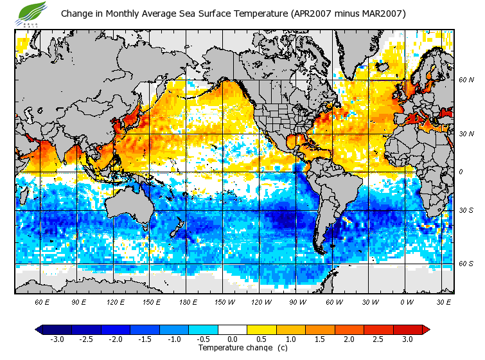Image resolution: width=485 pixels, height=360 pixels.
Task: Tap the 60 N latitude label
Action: (x=466, y=80)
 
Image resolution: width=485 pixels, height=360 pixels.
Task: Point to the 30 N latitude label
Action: (x=466, y=134)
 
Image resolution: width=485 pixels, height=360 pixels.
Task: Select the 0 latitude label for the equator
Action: (x=461, y=172)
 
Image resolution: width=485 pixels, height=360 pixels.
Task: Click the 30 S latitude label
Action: (x=466, y=210)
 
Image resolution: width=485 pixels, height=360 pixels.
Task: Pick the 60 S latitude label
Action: (x=466, y=264)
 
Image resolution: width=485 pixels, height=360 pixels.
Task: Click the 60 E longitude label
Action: (x=42, y=301)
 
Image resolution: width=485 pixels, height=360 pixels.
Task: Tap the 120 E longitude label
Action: (x=116, y=301)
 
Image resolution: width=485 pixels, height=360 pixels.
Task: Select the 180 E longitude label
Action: (x=189, y=301)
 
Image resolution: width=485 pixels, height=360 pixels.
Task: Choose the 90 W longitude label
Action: (x=298, y=301)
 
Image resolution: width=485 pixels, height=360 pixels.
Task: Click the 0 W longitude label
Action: (x=407, y=301)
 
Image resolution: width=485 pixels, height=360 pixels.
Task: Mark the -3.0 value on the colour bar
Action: (x=57, y=339)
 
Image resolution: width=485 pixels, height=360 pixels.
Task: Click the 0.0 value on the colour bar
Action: (x=232, y=339)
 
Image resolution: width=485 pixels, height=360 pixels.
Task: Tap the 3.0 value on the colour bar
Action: (x=407, y=339)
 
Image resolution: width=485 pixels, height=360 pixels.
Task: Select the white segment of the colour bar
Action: (x=232, y=330)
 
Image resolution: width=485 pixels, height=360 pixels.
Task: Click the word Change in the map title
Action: (x=78, y=14)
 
